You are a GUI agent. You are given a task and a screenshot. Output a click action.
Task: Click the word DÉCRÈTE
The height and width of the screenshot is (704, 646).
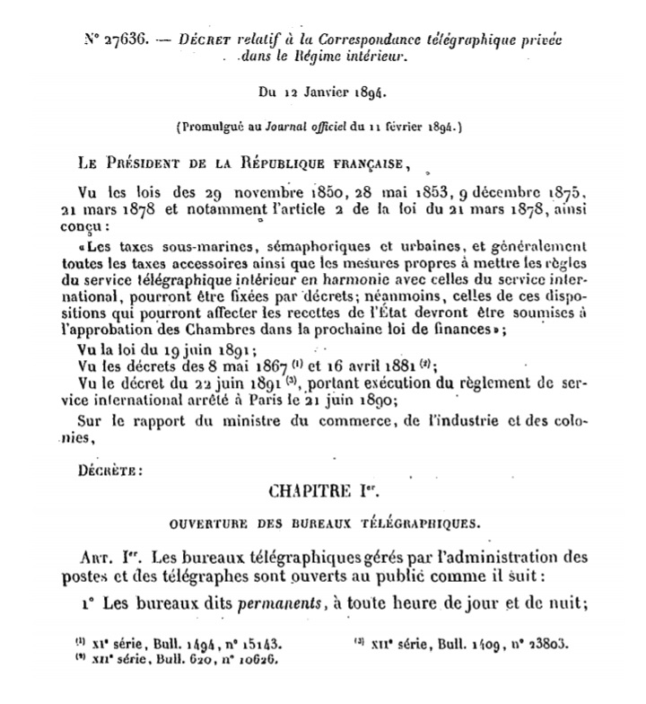109,469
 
